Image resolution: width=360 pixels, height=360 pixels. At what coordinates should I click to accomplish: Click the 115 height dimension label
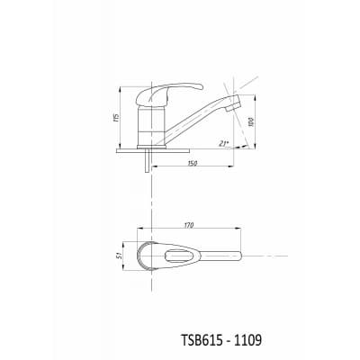tap(116, 117)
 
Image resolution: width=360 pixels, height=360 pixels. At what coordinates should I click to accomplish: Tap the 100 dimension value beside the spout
tap(251, 121)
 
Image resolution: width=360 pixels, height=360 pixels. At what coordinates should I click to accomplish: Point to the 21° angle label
tap(223, 143)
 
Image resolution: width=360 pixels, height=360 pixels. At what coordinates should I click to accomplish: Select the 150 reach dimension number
tap(192, 163)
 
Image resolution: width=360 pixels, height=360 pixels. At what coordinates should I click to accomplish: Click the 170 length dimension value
tap(190, 225)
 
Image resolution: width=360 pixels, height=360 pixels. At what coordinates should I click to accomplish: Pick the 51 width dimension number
tap(119, 256)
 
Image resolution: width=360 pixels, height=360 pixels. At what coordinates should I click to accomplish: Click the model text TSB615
tap(201, 340)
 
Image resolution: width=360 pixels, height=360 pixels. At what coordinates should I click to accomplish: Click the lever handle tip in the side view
tap(201, 87)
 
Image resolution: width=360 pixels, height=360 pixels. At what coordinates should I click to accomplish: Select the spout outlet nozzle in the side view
tap(234, 103)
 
